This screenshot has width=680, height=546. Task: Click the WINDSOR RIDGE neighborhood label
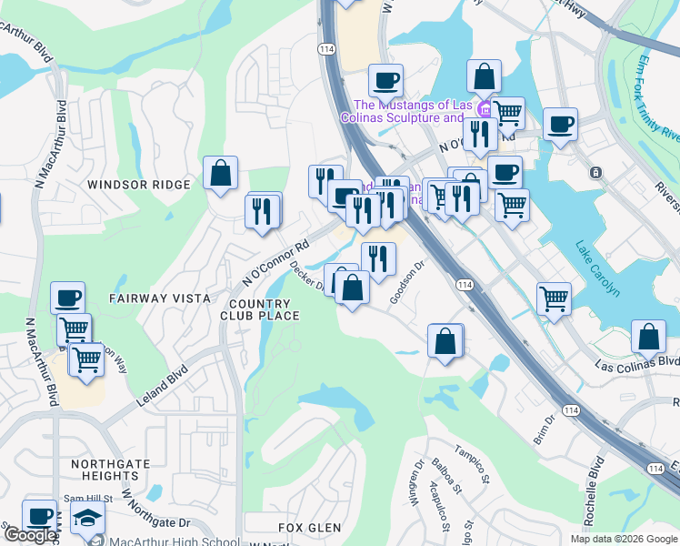pyautogui.click(x=139, y=185)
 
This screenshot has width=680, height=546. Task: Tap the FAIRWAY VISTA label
pyautogui.click(x=160, y=298)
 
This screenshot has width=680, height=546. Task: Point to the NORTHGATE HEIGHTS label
pyautogui.click(x=104, y=470)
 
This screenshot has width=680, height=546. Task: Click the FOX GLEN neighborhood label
pyautogui.click(x=310, y=528)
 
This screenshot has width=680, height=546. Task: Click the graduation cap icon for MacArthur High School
pyautogui.click(x=88, y=519)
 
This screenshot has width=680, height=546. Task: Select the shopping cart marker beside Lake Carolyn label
pyautogui.click(x=553, y=297)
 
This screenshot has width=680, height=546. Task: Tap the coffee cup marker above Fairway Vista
pyautogui.click(x=68, y=298)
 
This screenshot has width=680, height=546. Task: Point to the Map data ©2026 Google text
pyautogui.click(x=623, y=539)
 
